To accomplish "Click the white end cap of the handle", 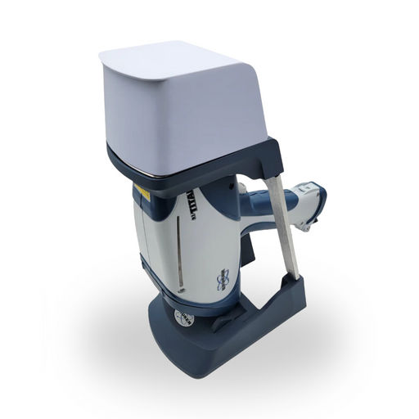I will click(x=312, y=201).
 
